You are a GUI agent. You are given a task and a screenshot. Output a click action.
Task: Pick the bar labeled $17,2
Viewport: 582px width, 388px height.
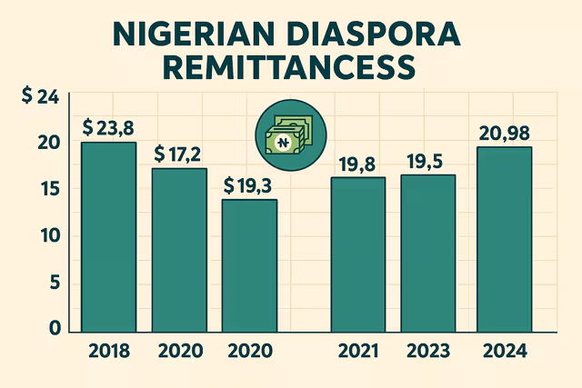point(179,250)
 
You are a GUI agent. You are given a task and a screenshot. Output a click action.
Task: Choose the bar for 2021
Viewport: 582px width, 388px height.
point(358,254)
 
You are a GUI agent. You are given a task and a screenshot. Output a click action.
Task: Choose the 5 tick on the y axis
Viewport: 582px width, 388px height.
point(54,284)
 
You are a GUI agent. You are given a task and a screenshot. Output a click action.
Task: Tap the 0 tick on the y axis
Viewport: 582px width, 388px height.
point(54,328)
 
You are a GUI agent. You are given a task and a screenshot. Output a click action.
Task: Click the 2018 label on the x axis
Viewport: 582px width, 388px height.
point(109,351)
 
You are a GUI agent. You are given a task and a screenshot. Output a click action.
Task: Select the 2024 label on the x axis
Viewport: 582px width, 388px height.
point(504,351)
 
